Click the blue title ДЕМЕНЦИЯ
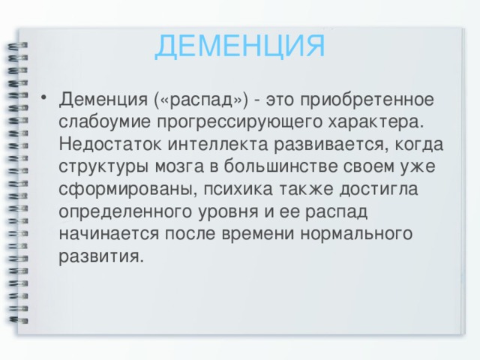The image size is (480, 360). click(x=240, y=46)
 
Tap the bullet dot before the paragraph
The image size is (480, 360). click(x=43, y=97)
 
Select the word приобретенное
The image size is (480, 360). click(x=367, y=100)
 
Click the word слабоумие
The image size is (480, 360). click(x=105, y=121)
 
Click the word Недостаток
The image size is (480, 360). click(x=110, y=143)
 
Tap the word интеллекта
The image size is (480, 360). click(x=217, y=144)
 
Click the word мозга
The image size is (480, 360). click(x=179, y=166)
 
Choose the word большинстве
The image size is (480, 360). click(x=281, y=166)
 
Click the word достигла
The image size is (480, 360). click(x=379, y=188)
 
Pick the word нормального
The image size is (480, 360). click(x=356, y=234)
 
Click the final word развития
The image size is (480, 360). click(x=101, y=256)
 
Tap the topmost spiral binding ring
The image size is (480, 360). click(x=18, y=45)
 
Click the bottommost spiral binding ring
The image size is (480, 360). click(x=18, y=320)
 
